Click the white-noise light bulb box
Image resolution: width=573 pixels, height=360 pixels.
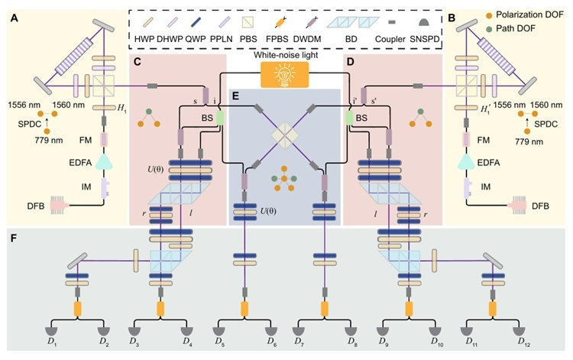pos(285,75)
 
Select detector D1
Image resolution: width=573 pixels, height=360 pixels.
pos(52,332)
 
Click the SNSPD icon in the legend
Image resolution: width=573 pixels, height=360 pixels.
pos(424,23)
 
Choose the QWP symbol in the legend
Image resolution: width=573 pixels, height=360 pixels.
pos(196,23)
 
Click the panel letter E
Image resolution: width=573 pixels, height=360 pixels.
pos(235,96)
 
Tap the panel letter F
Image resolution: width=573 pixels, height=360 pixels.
pos(14,238)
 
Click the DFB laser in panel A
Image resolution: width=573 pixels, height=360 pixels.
pos(58,206)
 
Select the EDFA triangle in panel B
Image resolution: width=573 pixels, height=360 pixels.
pos(466,162)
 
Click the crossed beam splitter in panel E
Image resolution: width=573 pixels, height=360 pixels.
pos(285,135)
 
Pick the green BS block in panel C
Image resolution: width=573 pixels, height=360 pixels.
pos(220,118)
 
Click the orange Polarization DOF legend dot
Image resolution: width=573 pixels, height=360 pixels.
pos(489,15)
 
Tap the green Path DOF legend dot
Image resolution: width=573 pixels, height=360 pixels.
pos(489,28)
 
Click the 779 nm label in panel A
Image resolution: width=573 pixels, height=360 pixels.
pos(49,141)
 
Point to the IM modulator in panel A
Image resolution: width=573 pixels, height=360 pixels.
pos(104,186)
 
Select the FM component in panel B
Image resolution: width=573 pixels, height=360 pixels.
pos(466,139)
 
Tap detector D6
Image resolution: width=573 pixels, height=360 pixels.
pos(271,332)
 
